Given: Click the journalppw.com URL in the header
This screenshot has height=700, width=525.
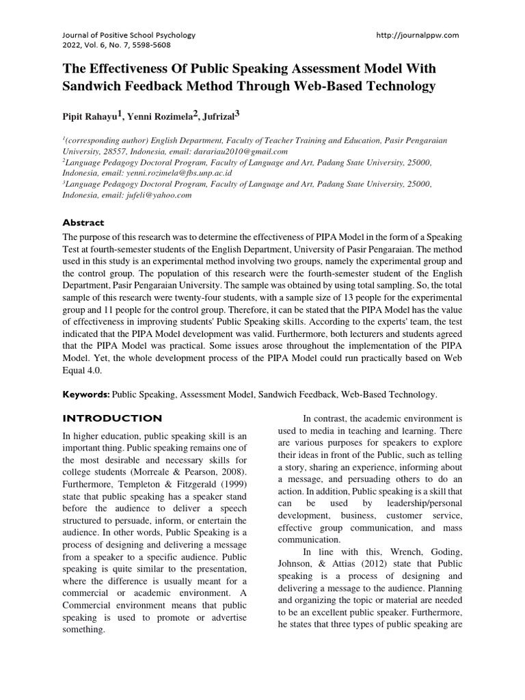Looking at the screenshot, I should pos(418,34).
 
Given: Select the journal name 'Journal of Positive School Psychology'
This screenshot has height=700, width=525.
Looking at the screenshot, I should pos(129,34).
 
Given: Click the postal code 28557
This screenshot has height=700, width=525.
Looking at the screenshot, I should pos(111,151).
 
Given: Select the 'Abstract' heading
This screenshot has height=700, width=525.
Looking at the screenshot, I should pos(83,223).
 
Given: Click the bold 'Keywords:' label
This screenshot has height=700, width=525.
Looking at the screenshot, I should pos(85,394).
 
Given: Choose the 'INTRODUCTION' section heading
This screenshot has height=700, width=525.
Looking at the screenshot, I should pos(112,418).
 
